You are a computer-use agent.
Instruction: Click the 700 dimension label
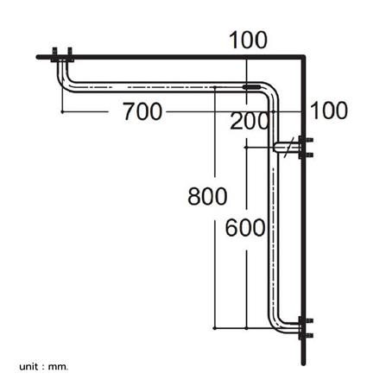click(x=142, y=111)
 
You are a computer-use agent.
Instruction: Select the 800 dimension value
click(x=207, y=196)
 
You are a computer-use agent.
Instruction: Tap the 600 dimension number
click(x=245, y=228)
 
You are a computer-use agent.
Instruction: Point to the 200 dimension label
click(x=250, y=122)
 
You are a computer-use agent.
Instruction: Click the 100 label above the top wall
click(x=248, y=40)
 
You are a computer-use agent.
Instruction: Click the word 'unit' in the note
click(x=30, y=366)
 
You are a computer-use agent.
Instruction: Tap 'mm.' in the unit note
click(x=59, y=366)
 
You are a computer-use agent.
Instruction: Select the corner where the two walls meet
click(x=303, y=58)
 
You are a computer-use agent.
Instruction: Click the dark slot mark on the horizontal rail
click(x=251, y=88)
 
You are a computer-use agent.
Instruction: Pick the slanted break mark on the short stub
click(x=288, y=146)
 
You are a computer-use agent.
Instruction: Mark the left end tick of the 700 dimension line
click(x=63, y=111)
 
